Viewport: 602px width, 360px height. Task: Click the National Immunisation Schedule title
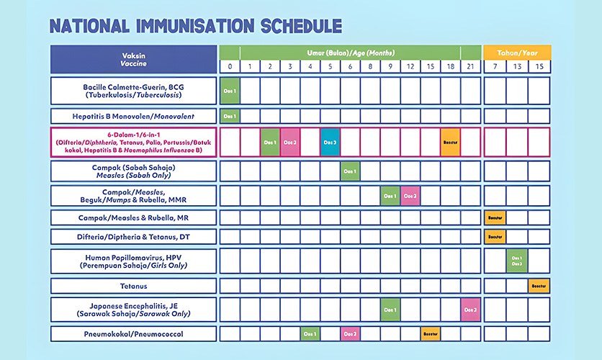[195, 25]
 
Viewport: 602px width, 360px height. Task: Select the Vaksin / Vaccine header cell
[134, 58]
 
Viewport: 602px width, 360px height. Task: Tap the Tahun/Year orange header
[517, 52]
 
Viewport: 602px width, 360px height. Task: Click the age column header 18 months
[451, 66]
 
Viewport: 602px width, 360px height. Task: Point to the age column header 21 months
[471, 66]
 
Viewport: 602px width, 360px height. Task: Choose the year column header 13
[517, 66]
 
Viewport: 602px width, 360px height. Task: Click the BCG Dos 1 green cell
[230, 91]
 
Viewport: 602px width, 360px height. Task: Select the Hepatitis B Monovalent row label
[134, 116]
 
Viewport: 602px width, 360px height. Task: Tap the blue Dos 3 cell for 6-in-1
[331, 142]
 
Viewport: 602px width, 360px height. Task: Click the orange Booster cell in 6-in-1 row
[451, 142]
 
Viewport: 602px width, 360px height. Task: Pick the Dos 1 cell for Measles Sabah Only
[351, 171]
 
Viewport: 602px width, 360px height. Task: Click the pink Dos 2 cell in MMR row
[410, 196]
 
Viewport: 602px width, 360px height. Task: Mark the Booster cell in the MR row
[495, 217]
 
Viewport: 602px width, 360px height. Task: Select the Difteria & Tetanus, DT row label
[134, 237]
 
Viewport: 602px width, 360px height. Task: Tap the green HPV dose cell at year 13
[517, 261]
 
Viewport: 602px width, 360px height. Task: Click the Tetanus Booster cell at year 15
[539, 286]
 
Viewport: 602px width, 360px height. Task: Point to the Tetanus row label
[134, 286]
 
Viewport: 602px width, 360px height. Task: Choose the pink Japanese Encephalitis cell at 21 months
[471, 310]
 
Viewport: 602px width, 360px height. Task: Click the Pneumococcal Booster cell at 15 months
[431, 334]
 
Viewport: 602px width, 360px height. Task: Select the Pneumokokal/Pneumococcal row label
[134, 334]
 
